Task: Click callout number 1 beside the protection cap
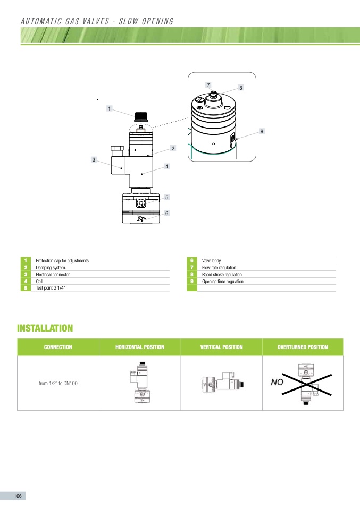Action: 109,108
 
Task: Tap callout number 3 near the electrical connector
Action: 94,159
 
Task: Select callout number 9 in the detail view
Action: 262,131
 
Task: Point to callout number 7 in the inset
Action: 208,85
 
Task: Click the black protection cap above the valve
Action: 141,116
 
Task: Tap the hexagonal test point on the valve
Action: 141,203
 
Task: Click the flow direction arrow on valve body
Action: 141,218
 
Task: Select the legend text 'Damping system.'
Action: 51,268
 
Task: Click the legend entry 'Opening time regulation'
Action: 223,282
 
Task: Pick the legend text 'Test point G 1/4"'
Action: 51,288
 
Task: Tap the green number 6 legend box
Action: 191,261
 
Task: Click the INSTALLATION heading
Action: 45,328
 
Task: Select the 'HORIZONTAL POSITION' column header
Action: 140,347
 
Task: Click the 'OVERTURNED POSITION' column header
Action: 303,347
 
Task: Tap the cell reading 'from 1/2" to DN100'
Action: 58,384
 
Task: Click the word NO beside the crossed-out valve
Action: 277,382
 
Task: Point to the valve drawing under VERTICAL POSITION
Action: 223,382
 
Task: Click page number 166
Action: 18,496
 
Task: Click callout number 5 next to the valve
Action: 166,197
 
